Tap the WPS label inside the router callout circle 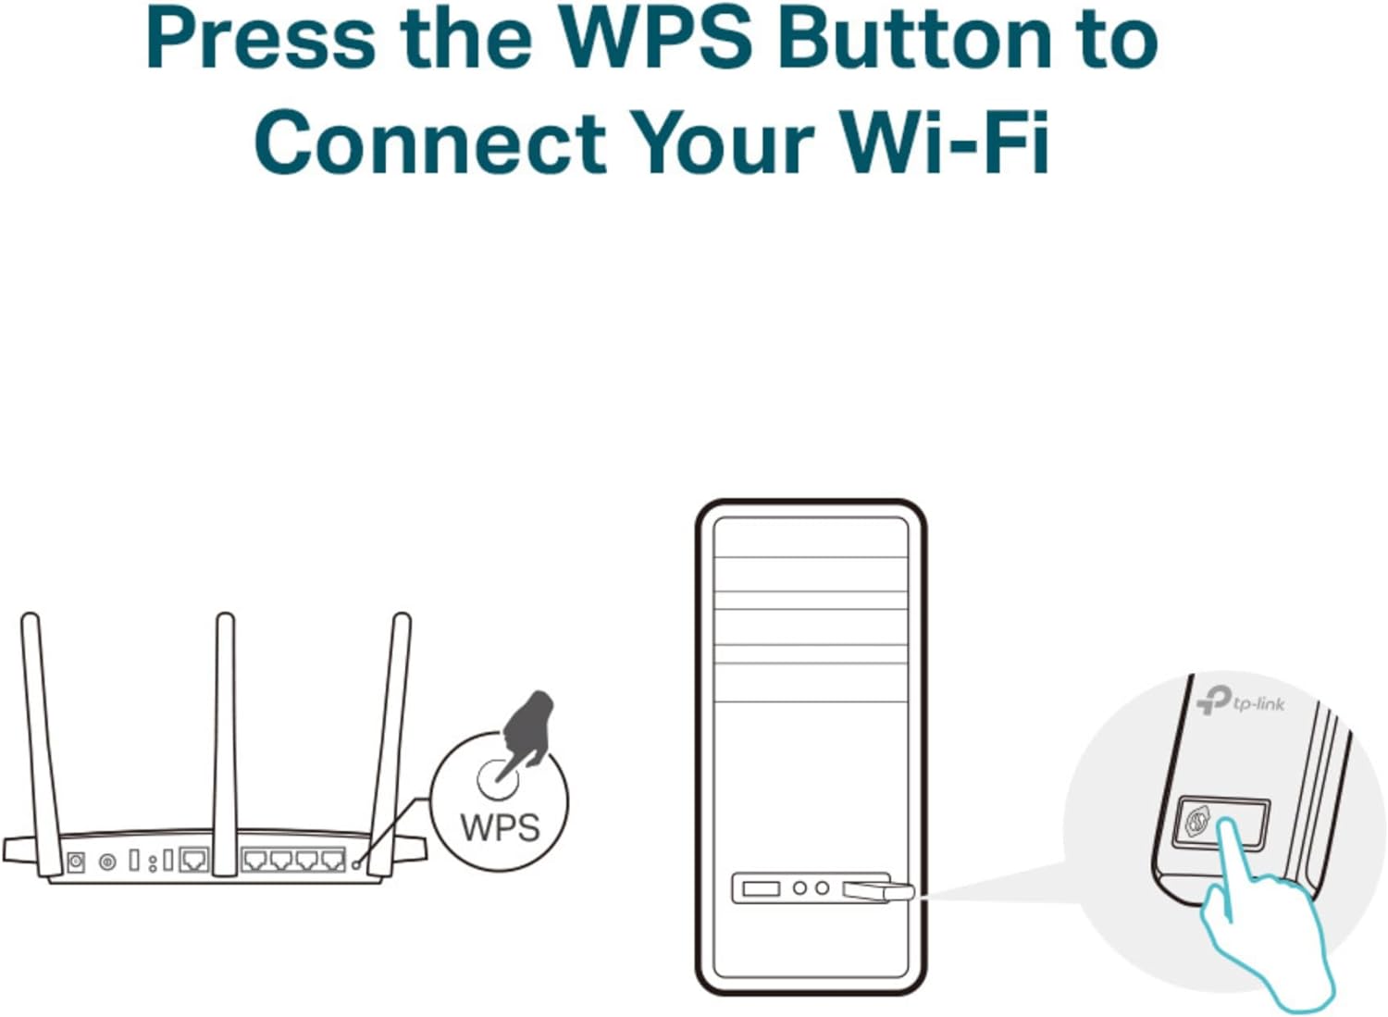click(x=500, y=826)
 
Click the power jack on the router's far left click(x=76, y=862)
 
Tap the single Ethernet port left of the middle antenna click(x=194, y=861)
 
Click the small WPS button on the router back click(x=355, y=864)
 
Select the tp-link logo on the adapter click(x=1241, y=701)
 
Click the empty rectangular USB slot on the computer click(x=761, y=888)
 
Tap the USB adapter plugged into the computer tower click(x=878, y=891)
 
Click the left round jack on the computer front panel click(x=800, y=888)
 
